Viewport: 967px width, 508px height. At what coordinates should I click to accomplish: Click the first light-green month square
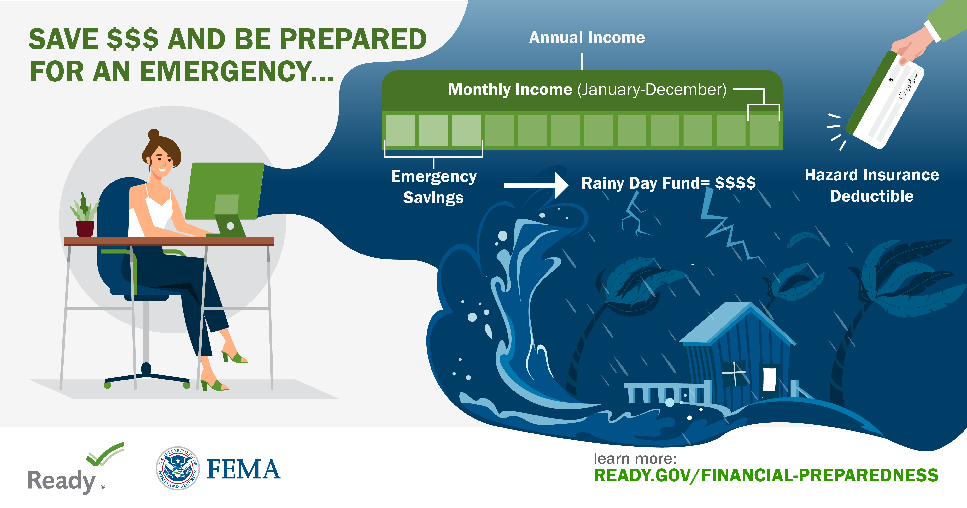[400, 130]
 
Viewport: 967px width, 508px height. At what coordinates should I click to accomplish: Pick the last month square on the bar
[764, 130]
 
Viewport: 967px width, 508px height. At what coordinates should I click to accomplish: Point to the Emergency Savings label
[434, 187]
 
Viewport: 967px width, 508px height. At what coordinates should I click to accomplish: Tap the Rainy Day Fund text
[668, 183]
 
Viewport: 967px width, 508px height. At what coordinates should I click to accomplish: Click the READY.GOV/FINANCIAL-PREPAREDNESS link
[766, 475]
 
